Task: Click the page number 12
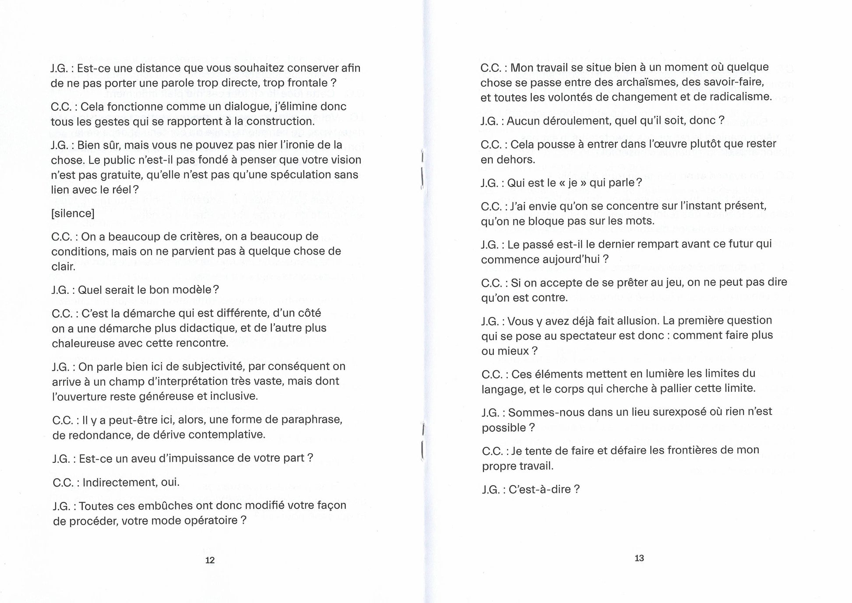(x=210, y=560)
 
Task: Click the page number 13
(x=639, y=558)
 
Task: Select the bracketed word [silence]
(x=73, y=213)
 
